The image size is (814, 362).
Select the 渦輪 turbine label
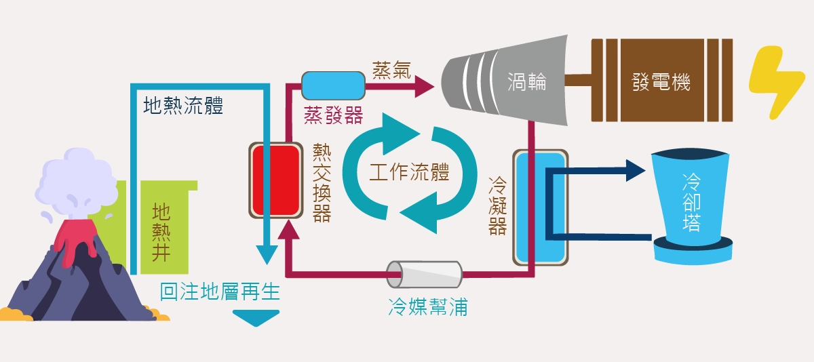527,83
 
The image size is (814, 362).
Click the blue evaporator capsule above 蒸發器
332,84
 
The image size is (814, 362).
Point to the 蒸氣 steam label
391,70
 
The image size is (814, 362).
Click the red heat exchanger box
276,180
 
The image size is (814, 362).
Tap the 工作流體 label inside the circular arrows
409,172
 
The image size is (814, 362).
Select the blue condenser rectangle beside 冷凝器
539,207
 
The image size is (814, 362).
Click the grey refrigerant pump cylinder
424,274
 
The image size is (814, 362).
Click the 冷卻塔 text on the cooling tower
691,203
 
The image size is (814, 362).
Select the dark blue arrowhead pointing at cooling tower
634,171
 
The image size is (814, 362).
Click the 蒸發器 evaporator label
333,115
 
